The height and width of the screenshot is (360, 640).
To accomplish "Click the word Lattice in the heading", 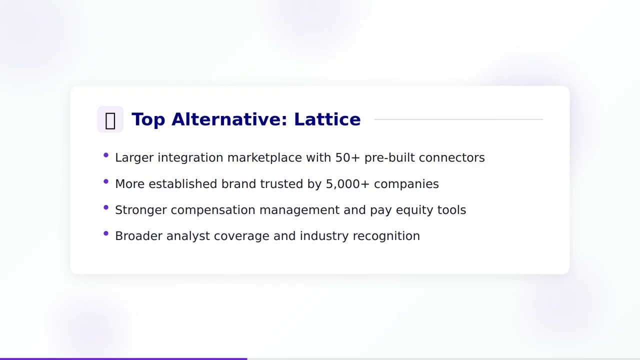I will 327,119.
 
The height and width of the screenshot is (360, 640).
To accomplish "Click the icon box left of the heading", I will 110,119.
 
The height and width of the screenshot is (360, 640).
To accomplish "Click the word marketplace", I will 264,157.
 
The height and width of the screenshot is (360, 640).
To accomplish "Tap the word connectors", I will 451,157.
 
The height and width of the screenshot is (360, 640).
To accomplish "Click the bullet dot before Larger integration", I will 106,155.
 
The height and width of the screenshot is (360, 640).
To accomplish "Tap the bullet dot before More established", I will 106,181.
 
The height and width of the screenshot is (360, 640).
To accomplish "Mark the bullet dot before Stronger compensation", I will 106,207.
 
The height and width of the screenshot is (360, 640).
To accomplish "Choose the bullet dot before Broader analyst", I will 106,233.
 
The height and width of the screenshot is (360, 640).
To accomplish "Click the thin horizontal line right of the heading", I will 458,119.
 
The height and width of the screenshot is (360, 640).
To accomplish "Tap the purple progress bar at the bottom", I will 123,358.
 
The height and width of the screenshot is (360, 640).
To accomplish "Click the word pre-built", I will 389,157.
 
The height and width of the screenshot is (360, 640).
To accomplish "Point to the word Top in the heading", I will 148,119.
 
